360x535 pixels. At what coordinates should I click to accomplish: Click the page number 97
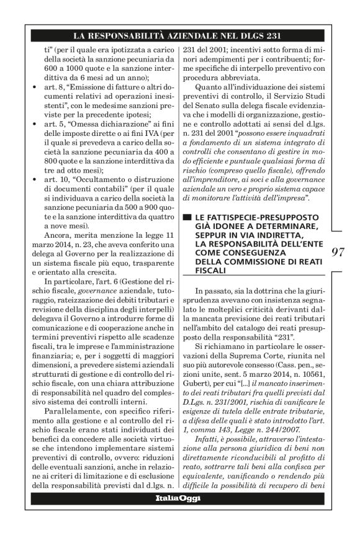[x=338, y=252]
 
